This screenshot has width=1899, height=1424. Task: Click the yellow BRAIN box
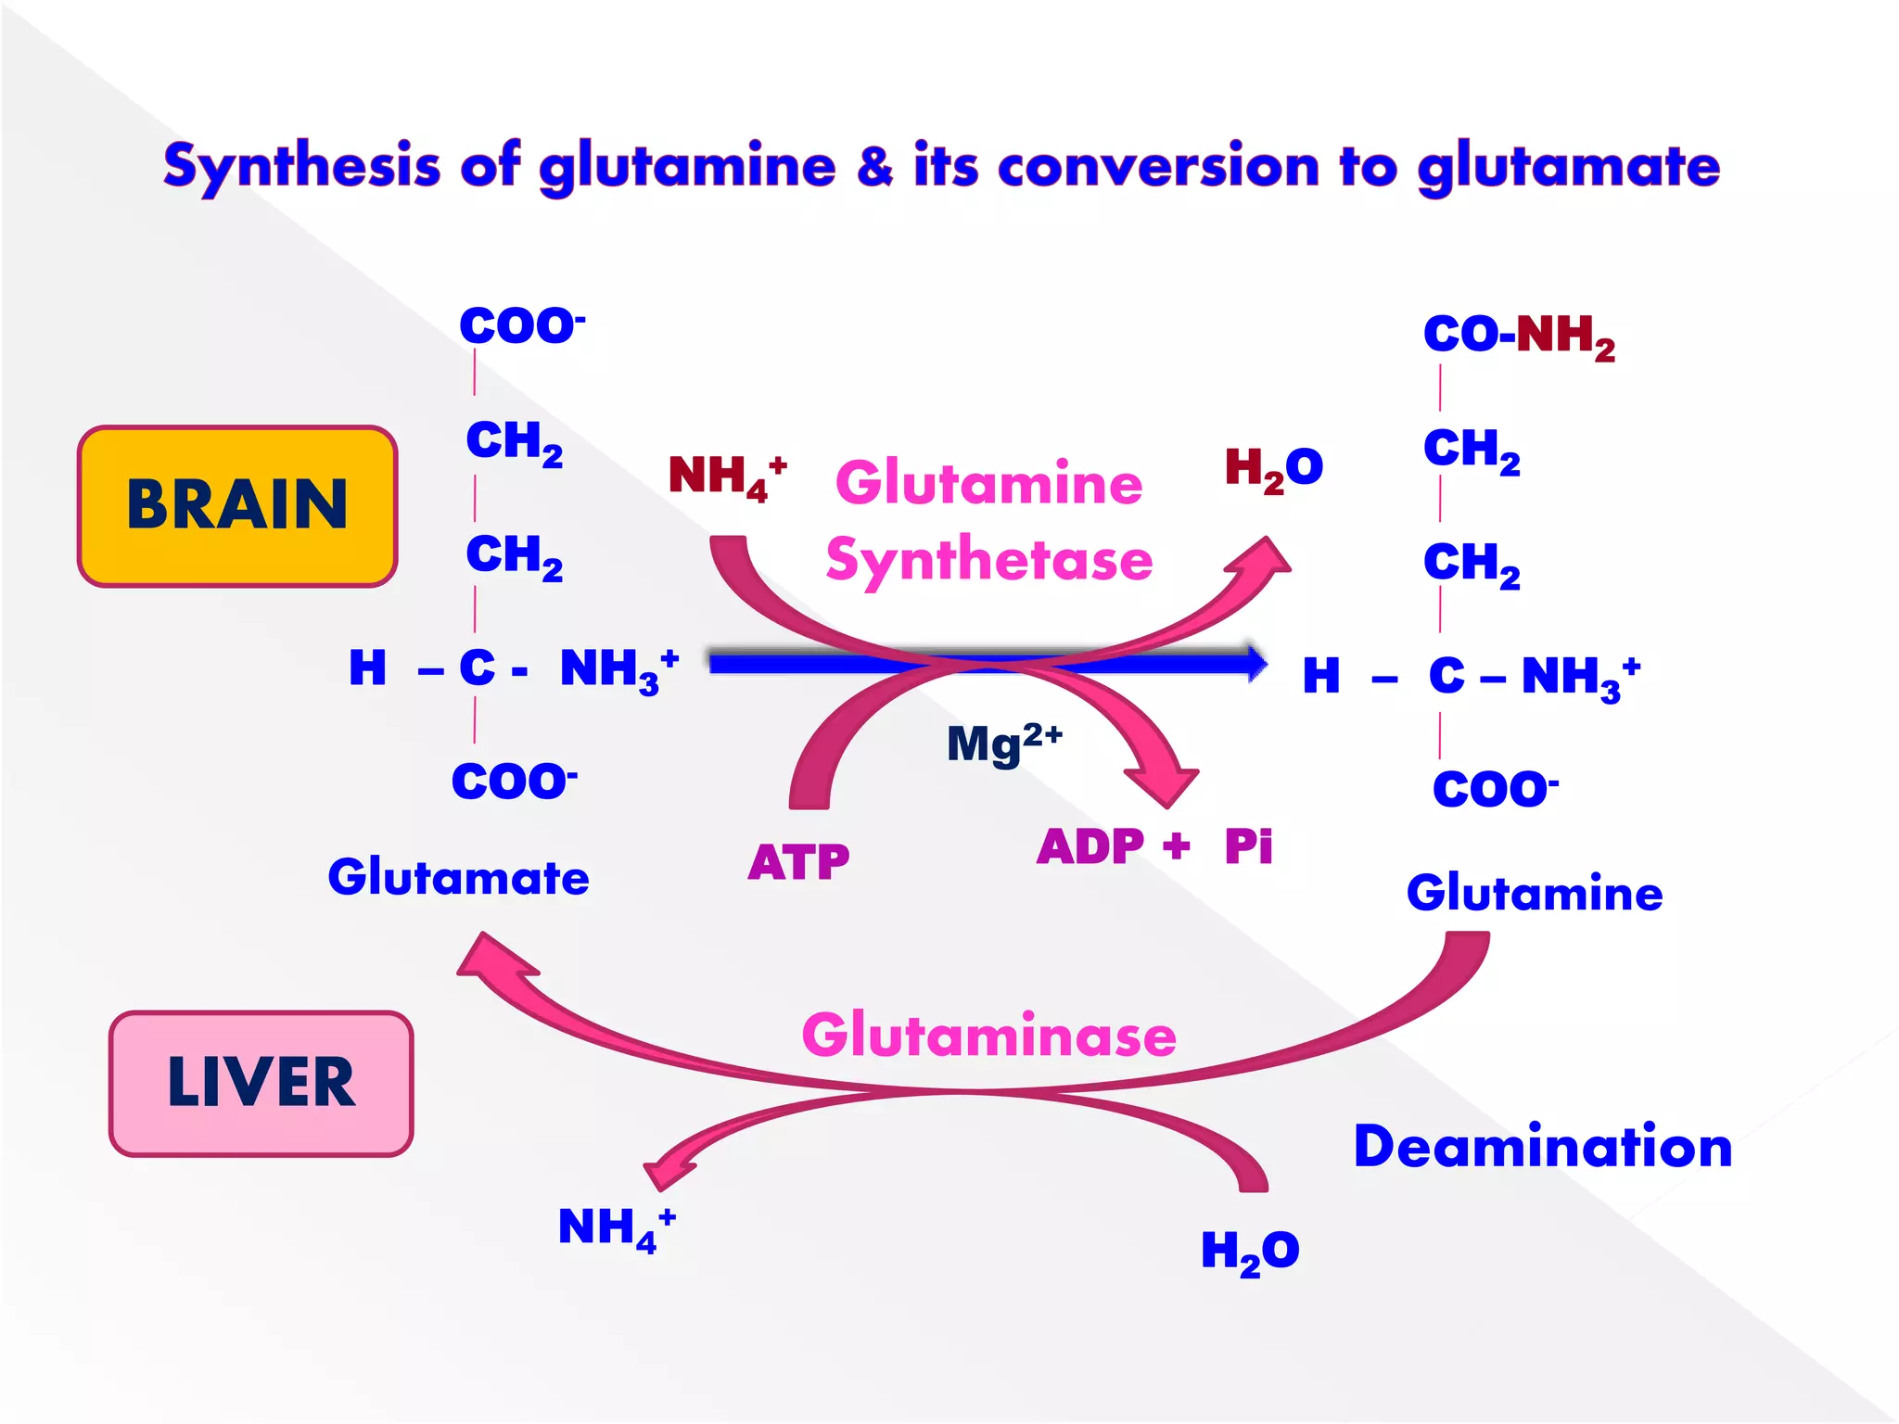(237, 506)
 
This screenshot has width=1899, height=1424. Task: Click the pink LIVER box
(261, 1083)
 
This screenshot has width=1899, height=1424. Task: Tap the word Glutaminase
(988, 1036)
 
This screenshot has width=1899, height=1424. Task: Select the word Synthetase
(988, 560)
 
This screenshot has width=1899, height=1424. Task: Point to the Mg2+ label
(1003, 743)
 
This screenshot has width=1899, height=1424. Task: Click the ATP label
(798, 862)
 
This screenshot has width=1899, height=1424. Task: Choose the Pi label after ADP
(1248, 845)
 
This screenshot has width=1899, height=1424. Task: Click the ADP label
(1090, 846)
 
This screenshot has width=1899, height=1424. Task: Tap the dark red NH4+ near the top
(726, 477)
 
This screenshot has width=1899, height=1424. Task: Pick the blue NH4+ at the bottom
(616, 1228)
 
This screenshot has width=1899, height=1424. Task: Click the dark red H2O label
(1272, 468)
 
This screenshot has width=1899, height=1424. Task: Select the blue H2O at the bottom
(1249, 1252)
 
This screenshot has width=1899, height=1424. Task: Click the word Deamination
(1542, 1147)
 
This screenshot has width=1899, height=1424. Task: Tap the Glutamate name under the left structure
(458, 877)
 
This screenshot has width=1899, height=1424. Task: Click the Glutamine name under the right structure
(1534, 894)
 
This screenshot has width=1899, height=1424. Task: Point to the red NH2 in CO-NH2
(1565, 336)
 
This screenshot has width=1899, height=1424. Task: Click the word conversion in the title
(1157, 167)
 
